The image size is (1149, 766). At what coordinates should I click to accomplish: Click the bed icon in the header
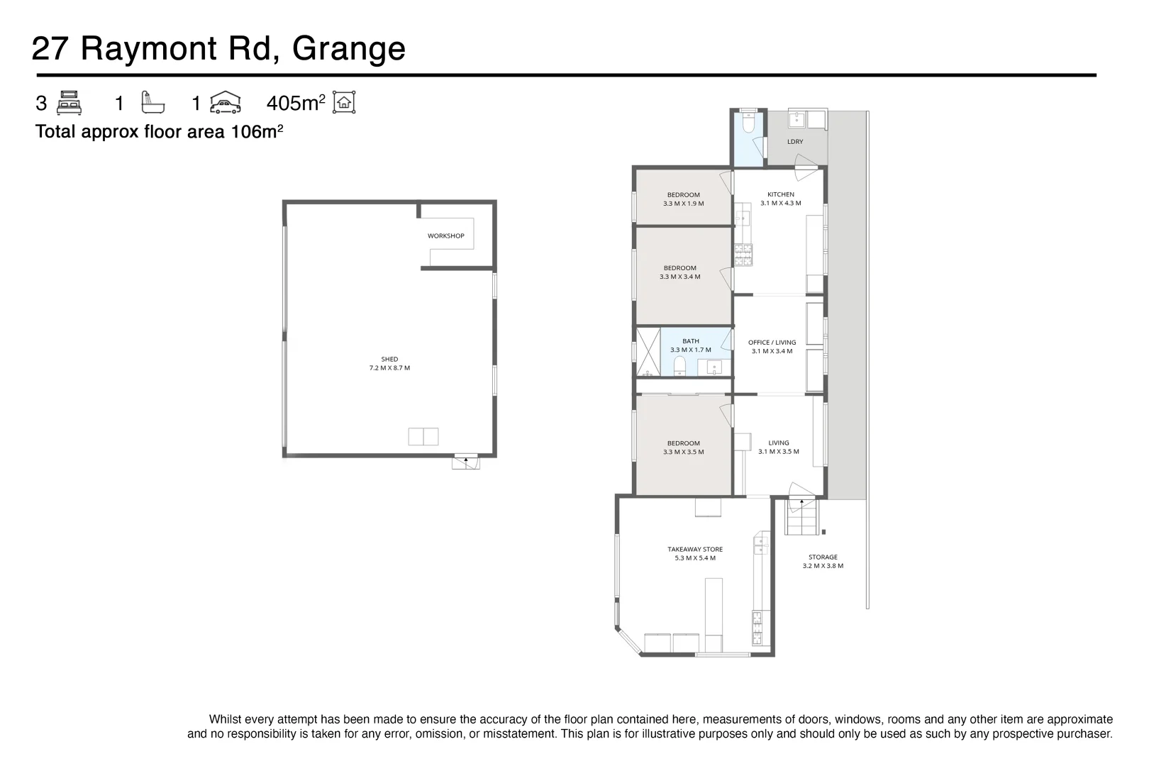69,103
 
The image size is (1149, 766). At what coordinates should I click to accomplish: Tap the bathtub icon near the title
152,103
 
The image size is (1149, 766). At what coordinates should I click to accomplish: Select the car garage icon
226,103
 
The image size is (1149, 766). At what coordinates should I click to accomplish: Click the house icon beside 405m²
344,103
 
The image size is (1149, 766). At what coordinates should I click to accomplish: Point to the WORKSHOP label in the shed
445,236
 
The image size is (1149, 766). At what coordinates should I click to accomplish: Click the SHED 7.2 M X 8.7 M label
389,364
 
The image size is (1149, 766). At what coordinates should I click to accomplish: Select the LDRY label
795,142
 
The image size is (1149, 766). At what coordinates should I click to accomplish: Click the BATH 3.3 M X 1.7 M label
690,345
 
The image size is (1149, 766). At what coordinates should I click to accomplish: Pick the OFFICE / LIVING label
772,347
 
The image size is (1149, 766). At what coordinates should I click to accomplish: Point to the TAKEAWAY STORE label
695,553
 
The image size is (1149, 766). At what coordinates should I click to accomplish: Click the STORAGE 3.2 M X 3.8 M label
823,562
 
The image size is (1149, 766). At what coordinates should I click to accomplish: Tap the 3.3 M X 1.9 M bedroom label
683,199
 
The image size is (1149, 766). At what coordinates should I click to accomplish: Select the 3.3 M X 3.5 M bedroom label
683,448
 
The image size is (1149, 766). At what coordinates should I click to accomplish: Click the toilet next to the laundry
748,124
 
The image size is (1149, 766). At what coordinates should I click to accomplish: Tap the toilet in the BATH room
679,366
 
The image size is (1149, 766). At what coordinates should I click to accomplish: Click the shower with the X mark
647,351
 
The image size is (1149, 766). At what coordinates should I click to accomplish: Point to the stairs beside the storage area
801,518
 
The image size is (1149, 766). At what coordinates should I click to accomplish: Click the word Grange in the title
348,49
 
